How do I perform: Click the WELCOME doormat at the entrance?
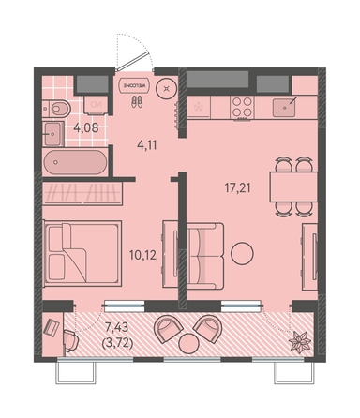(136, 85)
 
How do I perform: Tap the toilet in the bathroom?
(56, 109)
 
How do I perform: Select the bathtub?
(75, 162)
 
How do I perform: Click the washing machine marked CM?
(96, 104)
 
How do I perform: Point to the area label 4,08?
(86, 127)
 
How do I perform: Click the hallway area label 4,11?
(147, 145)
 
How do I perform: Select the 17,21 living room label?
(238, 188)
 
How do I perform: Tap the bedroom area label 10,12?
(142, 256)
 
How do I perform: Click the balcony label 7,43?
(116, 328)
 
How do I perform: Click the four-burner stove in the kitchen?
(242, 107)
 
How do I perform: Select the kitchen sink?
(284, 108)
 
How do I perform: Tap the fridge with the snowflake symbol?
(199, 107)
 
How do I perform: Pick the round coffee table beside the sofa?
(242, 253)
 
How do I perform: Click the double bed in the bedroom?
(82, 253)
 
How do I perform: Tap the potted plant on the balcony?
(299, 342)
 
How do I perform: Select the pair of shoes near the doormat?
(137, 101)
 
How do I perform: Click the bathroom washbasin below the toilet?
(53, 134)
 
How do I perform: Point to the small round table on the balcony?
(188, 343)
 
